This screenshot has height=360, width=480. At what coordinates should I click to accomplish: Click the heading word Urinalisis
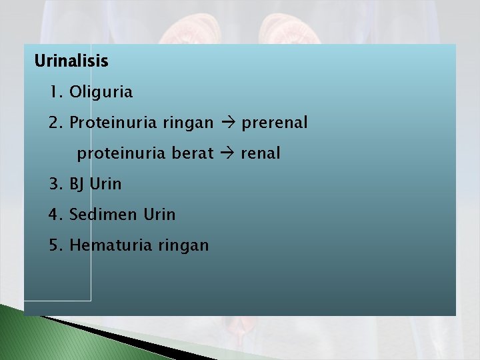tap(71, 61)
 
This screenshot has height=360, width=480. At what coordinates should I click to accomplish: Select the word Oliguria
tap(101, 92)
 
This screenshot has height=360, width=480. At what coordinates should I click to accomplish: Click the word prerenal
tap(275, 123)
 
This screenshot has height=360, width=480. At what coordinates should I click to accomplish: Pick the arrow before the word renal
tap(227, 153)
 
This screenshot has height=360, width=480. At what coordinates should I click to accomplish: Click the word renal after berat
tap(261, 153)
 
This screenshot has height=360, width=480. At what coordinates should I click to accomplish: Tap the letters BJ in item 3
tap(77, 184)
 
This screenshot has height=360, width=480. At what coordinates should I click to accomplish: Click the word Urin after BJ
tap(105, 184)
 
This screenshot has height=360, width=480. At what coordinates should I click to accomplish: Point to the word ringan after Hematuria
tap(183, 246)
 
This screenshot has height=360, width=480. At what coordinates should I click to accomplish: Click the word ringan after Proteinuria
tap(187, 123)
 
